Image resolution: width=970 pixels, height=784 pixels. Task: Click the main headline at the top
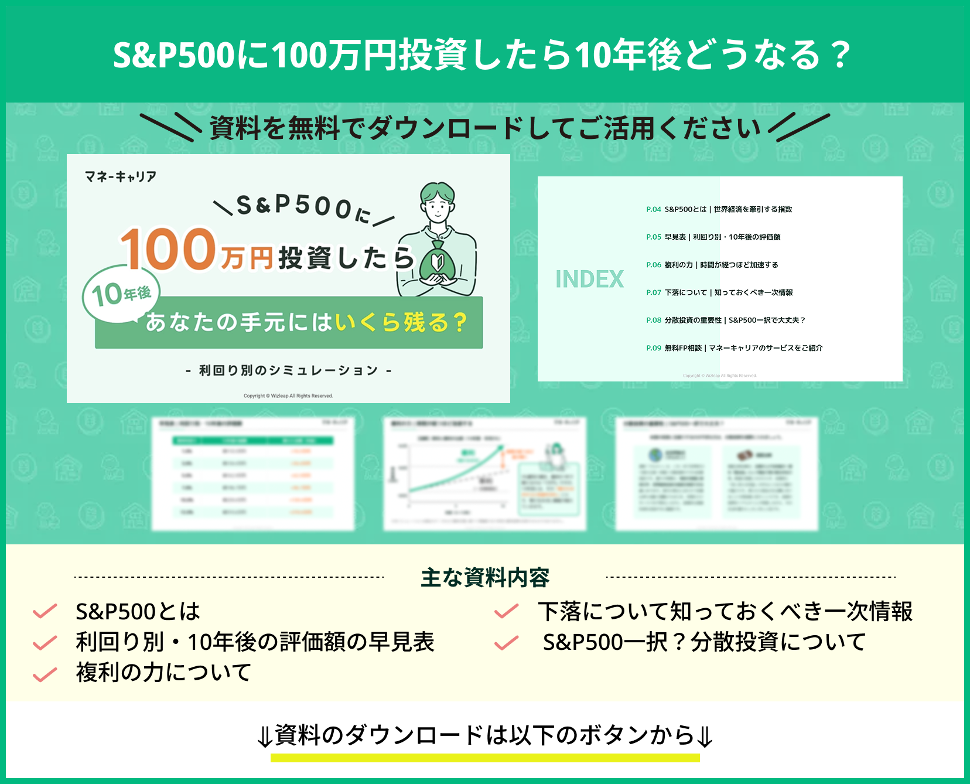coord(481,55)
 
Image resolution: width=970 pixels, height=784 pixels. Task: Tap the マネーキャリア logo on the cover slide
coord(121,176)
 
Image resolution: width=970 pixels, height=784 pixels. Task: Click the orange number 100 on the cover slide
coord(168,250)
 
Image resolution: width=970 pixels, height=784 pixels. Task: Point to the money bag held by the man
coord(437,258)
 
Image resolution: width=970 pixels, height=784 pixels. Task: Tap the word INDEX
coord(589,279)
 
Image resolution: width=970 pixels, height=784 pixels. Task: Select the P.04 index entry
coord(719,209)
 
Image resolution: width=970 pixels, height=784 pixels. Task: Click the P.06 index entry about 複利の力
coord(712,265)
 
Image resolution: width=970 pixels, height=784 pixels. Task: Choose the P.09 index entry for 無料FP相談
coord(734,348)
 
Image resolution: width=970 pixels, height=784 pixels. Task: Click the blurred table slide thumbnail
coord(253,473)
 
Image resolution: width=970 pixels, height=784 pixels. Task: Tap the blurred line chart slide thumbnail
coord(484,473)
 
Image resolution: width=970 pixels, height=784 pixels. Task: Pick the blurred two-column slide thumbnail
coord(716,473)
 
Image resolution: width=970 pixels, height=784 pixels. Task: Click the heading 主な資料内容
coord(485,578)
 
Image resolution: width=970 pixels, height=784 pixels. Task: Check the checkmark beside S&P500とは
coord(45,612)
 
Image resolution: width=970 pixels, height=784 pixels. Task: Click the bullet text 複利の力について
coord(164,673)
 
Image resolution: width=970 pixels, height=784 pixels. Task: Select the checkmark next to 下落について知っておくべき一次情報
coord(507,612)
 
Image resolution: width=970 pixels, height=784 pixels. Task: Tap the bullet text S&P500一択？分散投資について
coord(704,642)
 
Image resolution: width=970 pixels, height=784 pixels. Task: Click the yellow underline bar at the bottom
coord(485,758)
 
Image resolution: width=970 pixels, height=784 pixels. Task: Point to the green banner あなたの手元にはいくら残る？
coord(289,323)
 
